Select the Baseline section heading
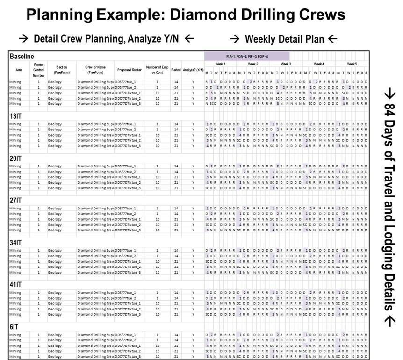21,56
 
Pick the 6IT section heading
14,326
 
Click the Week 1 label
220,64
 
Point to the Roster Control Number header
38,69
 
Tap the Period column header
176,69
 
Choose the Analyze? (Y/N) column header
193,69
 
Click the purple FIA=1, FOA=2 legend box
246,56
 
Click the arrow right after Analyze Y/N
189,39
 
